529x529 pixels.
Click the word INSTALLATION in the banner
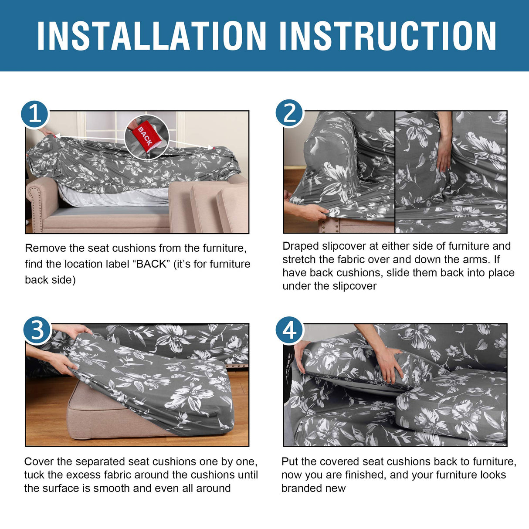(152, 36)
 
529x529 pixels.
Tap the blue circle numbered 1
(35, 114)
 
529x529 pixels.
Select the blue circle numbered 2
(289, 113)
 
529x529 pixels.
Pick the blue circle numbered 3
(37, 330)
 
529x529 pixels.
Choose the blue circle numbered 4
(289, 330)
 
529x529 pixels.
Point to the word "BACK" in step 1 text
(152, 264)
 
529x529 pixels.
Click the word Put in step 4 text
(290, 461)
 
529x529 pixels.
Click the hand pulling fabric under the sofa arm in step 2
(308, 210)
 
